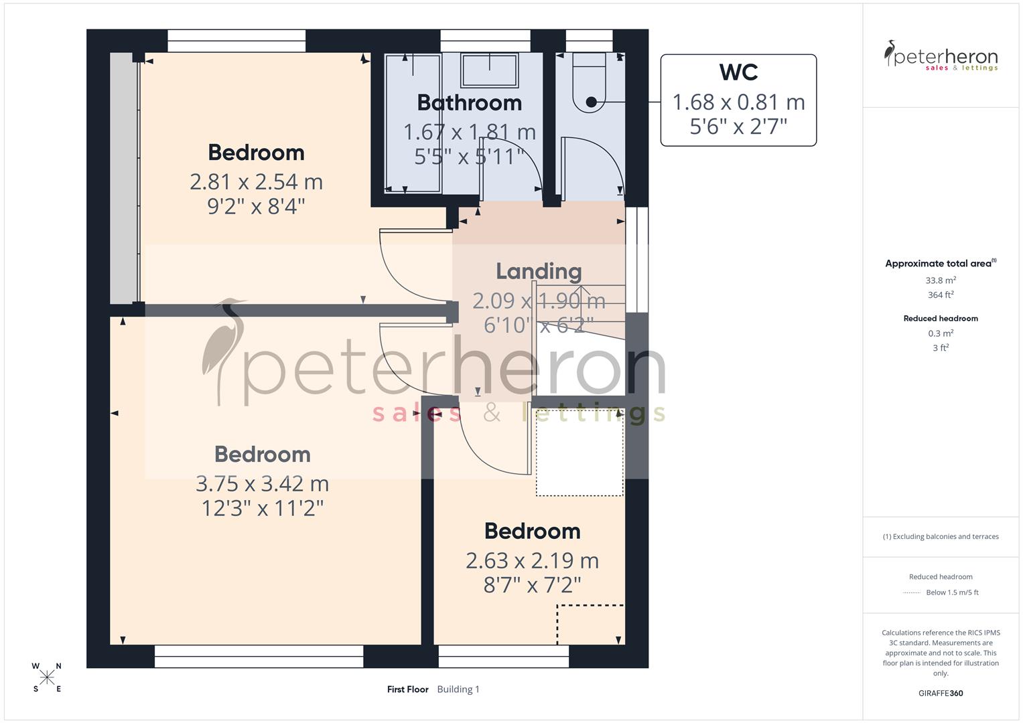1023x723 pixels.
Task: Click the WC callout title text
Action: (738, 72)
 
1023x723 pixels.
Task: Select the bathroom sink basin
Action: (489, 70)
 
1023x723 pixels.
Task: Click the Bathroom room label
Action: (469, 103)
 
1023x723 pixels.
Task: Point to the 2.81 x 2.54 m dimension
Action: (256, 181)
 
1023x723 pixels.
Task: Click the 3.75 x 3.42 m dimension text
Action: (262, 483)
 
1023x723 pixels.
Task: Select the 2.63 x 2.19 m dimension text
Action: (532, 560)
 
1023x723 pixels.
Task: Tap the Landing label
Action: (539, 271)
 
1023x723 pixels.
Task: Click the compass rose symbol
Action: (47, 677)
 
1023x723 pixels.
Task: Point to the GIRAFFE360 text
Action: (941, 693)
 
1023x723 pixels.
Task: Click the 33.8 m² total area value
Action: (941, 280)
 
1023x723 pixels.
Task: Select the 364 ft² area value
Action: (941, 295)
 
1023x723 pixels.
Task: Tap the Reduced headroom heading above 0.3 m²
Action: (941, 319)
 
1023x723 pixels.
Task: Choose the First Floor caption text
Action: (407, 690)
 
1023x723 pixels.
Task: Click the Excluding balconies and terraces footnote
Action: (941, 536)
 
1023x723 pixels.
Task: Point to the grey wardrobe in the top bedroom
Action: (123, 178)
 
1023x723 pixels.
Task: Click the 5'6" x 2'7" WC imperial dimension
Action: (738, 126)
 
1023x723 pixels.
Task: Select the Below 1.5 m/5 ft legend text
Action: (952, 592)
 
